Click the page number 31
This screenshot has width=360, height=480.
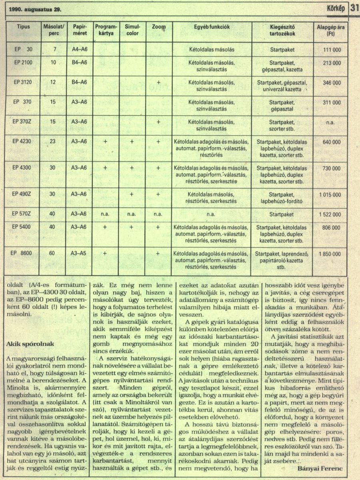pyautogui.click(x=354, y=8)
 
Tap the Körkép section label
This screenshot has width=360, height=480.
pyautogui.click(x=335, y=8)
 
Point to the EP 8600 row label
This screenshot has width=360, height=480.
pyautogui.click(x=23, y=253)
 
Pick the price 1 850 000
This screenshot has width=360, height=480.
pyautogui.click(x=330, y=254)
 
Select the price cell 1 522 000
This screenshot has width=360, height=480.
pyautogui.click(x=330, y=214)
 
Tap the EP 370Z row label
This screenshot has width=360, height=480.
pyautogui.click(x=22, y=122)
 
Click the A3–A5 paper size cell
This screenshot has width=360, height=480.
pyautogui.click(x=79, y=253)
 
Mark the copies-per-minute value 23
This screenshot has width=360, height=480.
pyautogui.click(x=52, y=142)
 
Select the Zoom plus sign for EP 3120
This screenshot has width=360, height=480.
pyautogui.click(x=158, y=82)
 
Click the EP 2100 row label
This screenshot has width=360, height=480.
pyautogui.click(x=23, y=63)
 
